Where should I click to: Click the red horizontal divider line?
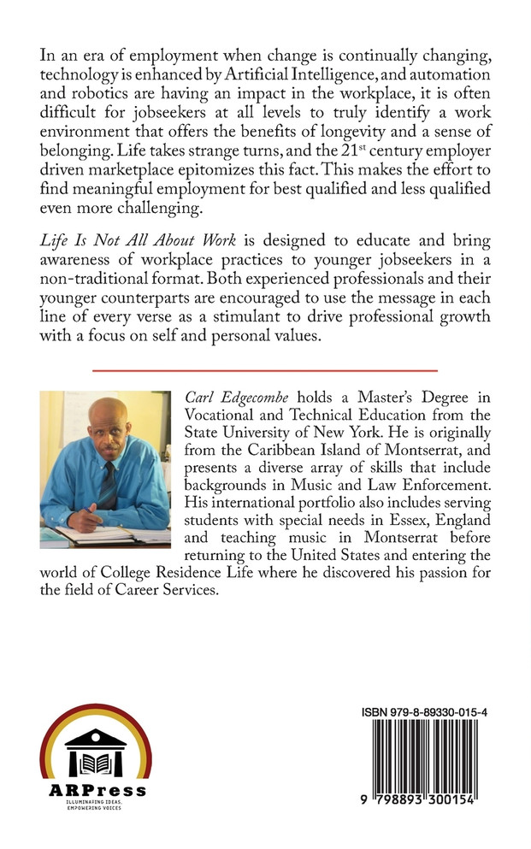pyautogui.click(x=264, y=369)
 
